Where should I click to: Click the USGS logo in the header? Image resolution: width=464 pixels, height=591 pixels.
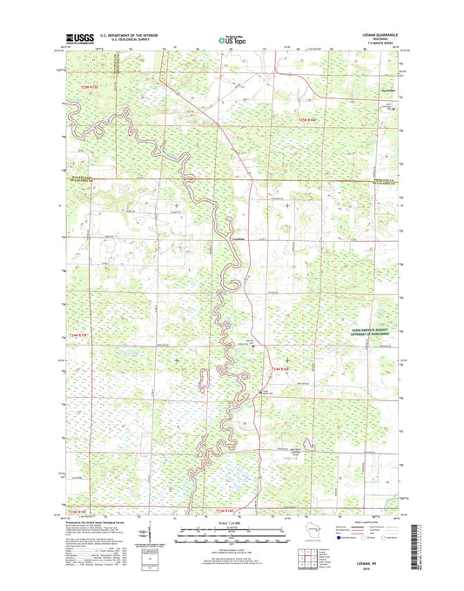click(x=76, y=37)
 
